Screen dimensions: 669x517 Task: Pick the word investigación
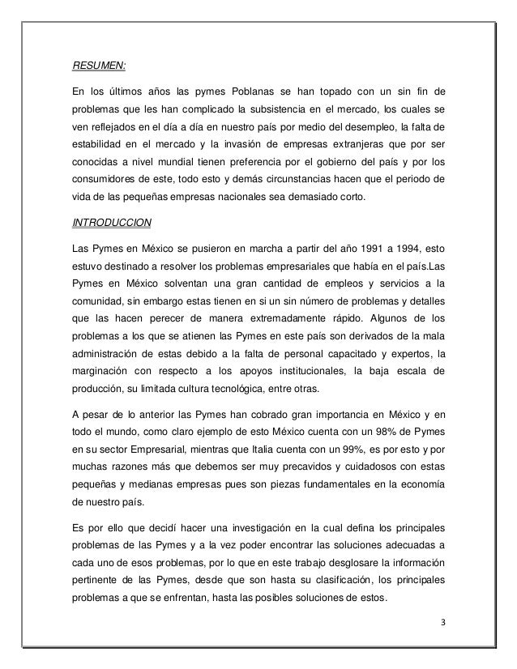pyautogui.click(x=224, y=525)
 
